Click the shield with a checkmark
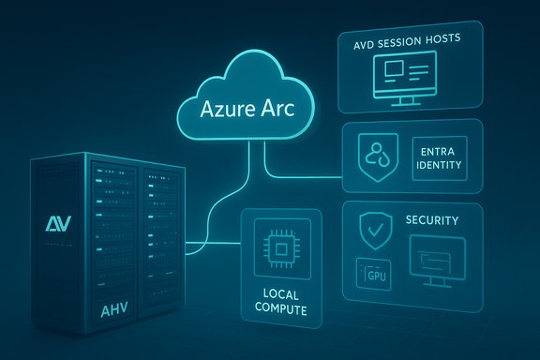coord(374,229)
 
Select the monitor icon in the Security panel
coord(438,261)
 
